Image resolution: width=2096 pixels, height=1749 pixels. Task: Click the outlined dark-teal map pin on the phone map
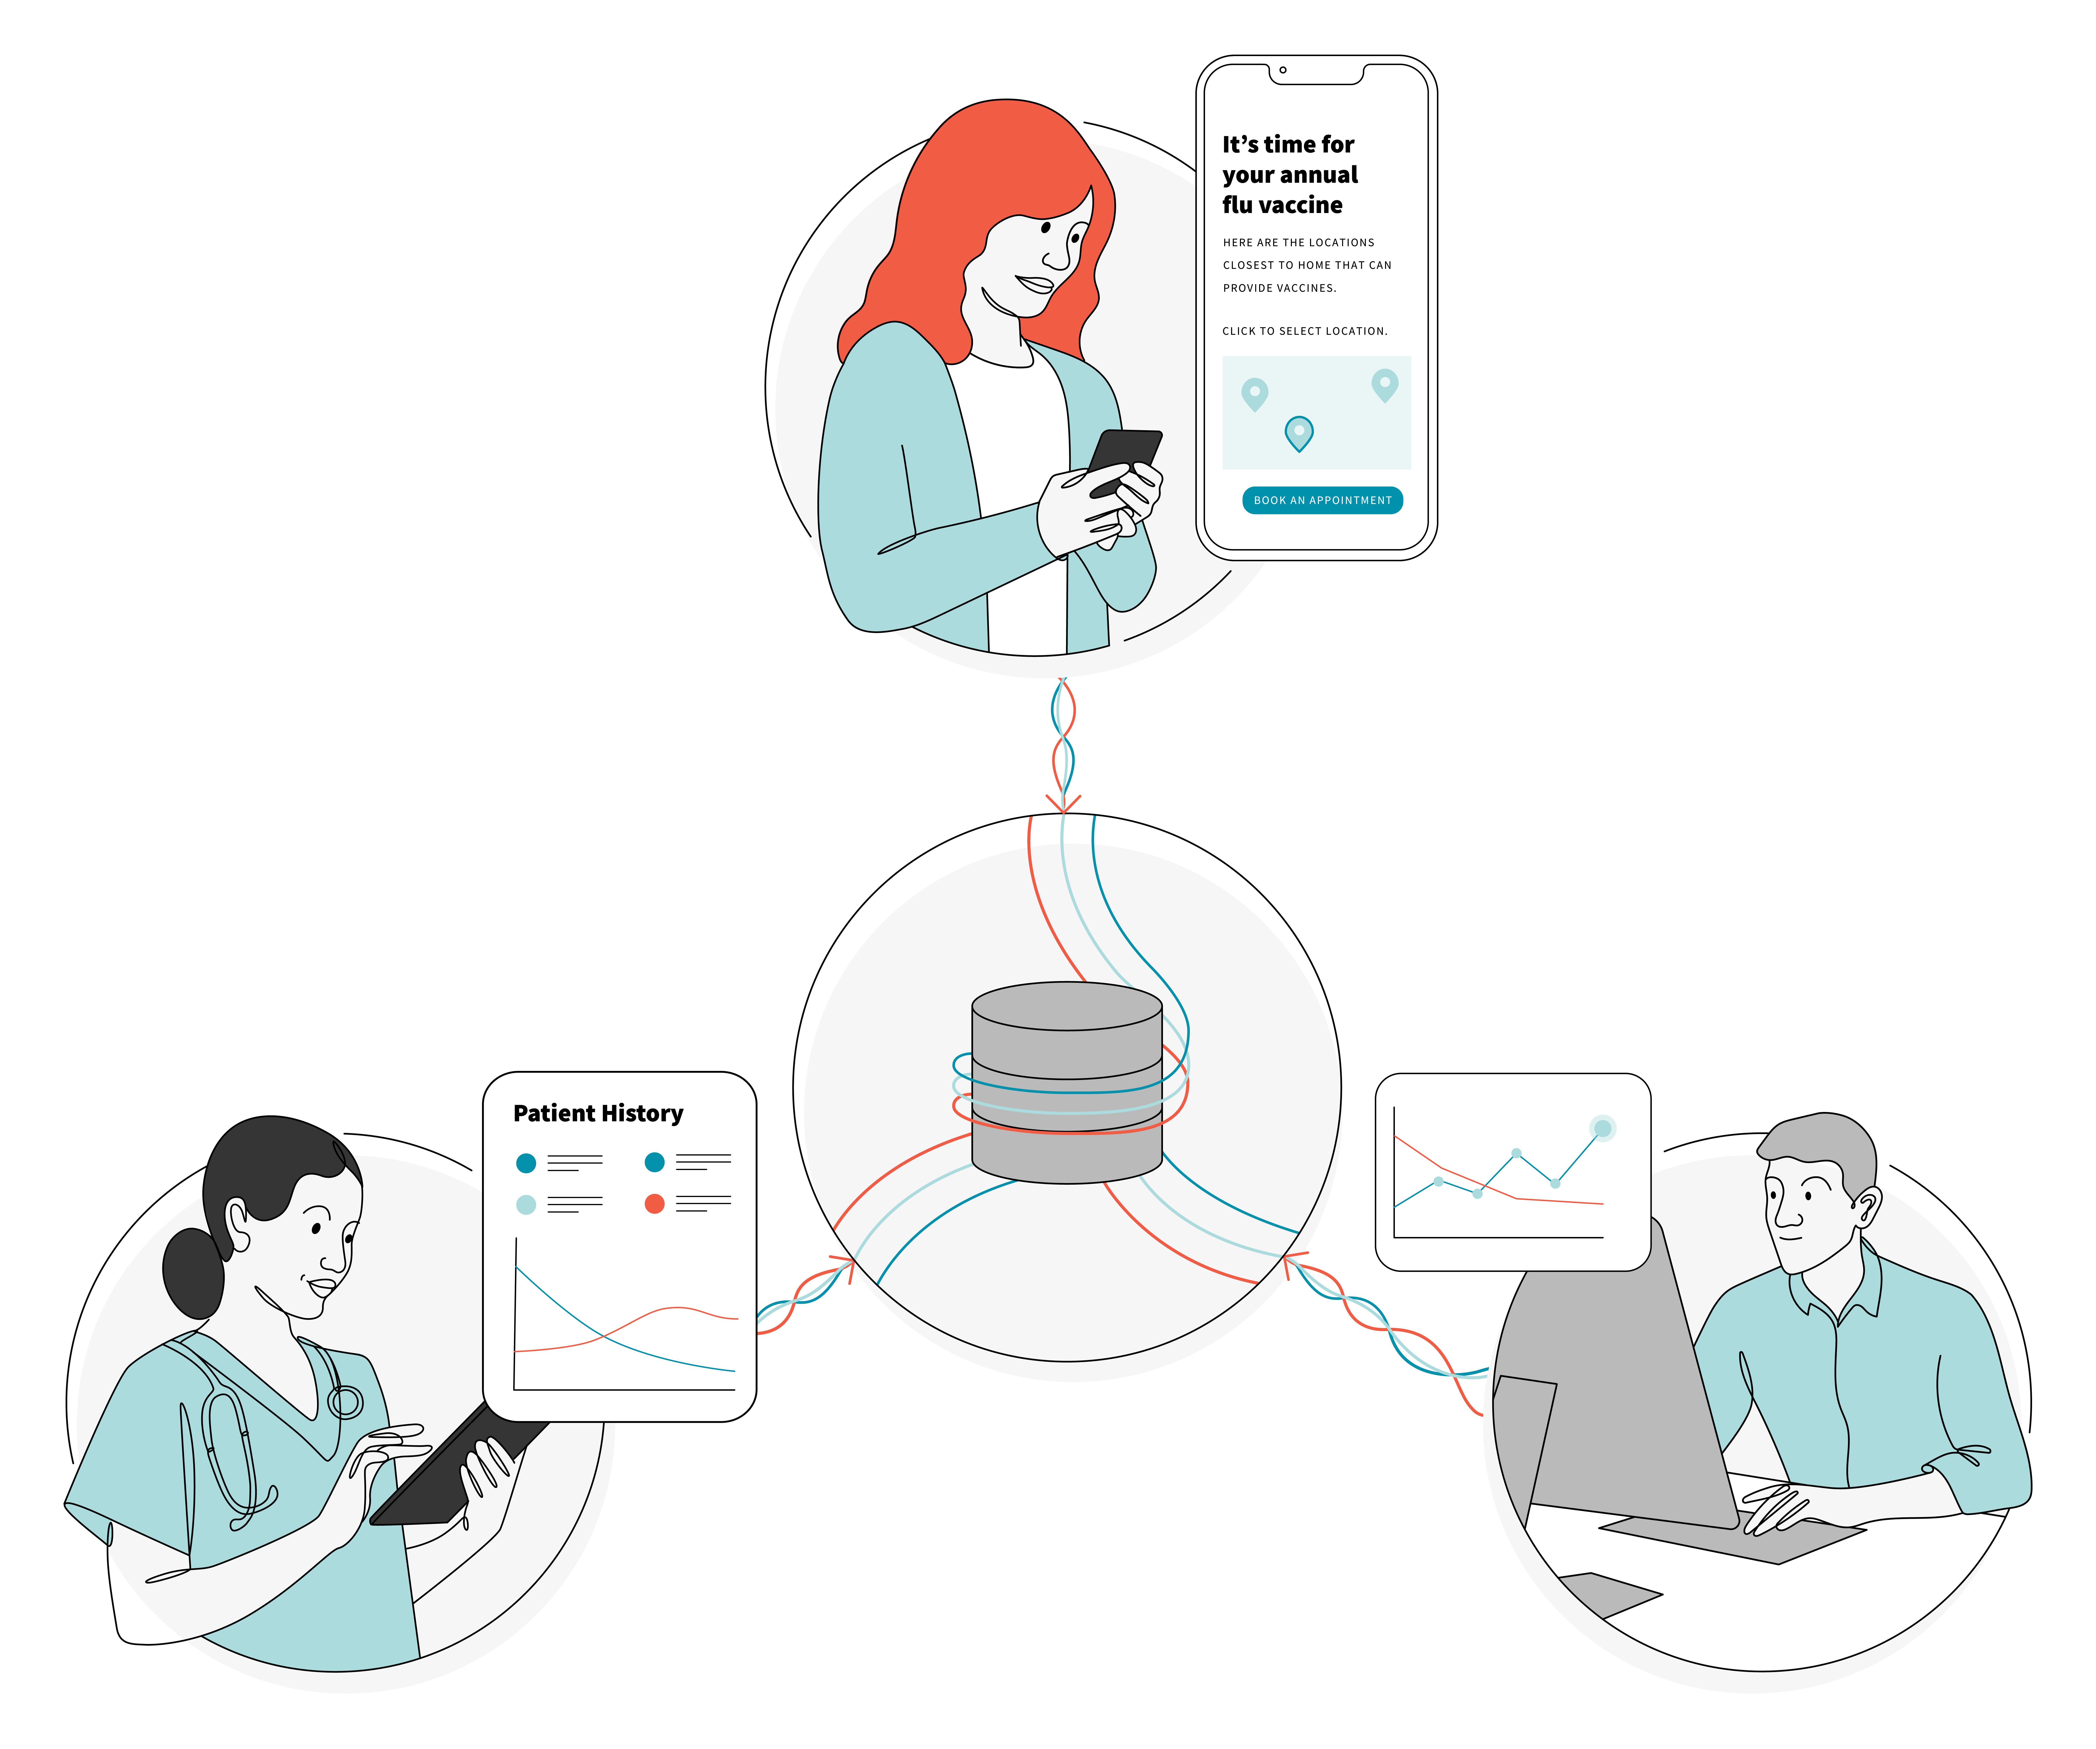[x=1298, y=432]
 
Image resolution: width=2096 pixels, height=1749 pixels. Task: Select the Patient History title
[x=598, y=1113]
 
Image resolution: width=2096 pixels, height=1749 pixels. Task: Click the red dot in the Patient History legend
[x=655, y=1204]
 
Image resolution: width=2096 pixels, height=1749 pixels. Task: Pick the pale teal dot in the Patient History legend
[x=526, y=1205]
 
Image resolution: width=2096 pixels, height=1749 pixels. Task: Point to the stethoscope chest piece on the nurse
[x=345, y=1402]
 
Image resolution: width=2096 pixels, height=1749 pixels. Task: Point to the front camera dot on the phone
[x=1282, y=70]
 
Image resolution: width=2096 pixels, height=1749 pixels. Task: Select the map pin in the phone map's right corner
[x=1384, y=384]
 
